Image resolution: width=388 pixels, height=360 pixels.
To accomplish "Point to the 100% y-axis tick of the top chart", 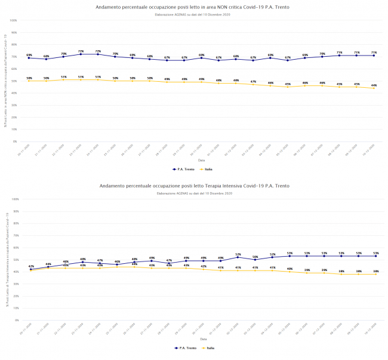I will [13, 20].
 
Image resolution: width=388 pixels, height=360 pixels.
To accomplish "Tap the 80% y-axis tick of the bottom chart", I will [14, 223].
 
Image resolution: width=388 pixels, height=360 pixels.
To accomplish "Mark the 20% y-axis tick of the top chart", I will [14, 118].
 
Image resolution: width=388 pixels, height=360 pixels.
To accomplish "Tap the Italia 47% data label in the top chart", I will [253, 82].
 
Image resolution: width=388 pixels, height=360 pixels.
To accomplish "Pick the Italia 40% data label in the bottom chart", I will [290, 269].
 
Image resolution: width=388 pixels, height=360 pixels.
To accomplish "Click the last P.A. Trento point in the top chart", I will [374, 56].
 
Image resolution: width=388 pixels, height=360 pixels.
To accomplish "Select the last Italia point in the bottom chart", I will [375, 274].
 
